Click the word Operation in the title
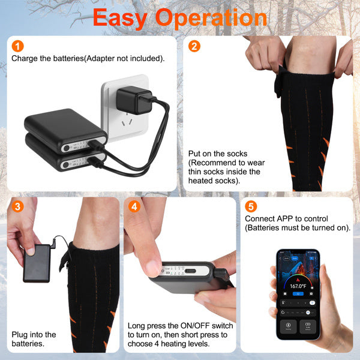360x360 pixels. pyautogui.click(x=215, y=18)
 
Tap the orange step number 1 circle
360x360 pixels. pyautogui.click(x=18, y=46)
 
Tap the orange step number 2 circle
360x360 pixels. pyautogui.click(x=194, y=46)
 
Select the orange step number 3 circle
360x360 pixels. pyautogui.click(x=18, y=207)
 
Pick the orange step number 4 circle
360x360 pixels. pyautogui.click(x=134, y=207)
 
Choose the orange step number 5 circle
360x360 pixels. pyautogui.click(x=251, y=207)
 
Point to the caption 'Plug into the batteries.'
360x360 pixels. pyautogui.click(x=34, y=338)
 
